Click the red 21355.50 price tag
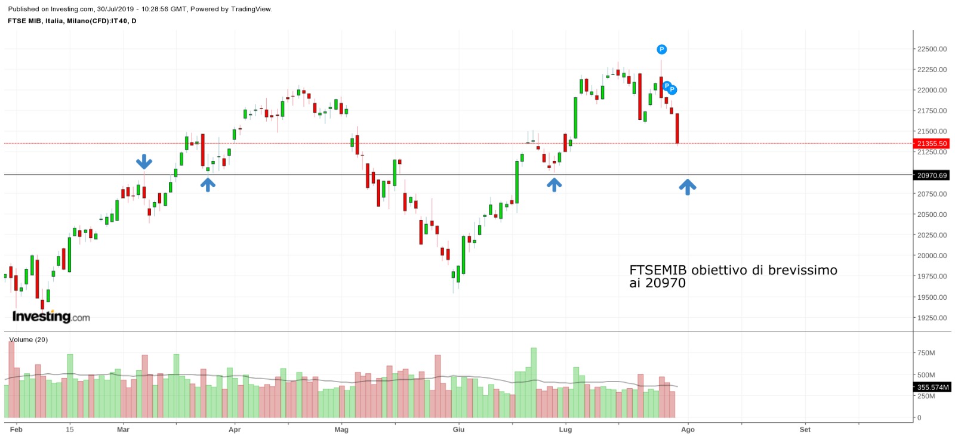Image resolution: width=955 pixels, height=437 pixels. [x=932, y=144]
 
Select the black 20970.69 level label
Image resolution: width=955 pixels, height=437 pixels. [x=932, y=175]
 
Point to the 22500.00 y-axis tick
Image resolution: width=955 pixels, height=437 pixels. [x=932, y=49]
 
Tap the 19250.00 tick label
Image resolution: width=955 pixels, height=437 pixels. [x=932, y=318]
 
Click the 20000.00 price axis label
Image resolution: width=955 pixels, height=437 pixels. [x=932, y=256]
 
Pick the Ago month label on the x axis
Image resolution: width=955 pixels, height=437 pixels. [x=688, y=429]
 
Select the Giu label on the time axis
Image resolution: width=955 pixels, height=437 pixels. [x=458, y=429]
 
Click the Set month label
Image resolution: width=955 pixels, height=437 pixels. [x=805, y=429]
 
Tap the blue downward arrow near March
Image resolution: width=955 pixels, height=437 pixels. [x=144, y=162]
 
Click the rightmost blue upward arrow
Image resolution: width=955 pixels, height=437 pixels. [x=687, y=187]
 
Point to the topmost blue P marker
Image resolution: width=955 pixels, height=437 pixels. [x=661, y=49]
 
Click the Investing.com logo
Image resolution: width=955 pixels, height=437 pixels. [x=51, y=317]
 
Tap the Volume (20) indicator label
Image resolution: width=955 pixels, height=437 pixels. [x=29, y=340]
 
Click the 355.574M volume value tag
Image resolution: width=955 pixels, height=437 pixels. [x=932, y=388]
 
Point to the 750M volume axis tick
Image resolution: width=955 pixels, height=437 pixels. [x=926, y=353]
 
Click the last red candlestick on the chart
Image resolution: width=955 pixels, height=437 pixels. [x=677, y=128]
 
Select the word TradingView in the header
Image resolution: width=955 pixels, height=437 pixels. [x=249, y=9]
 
